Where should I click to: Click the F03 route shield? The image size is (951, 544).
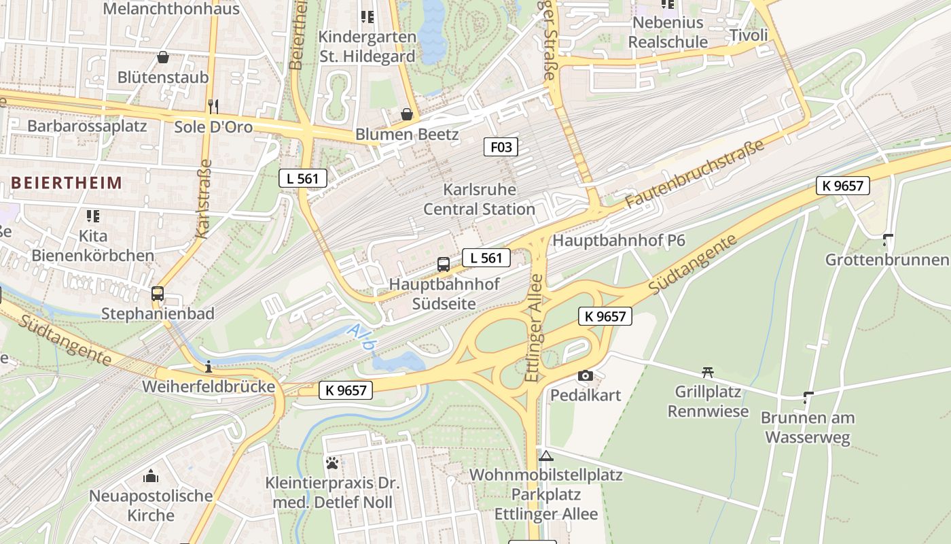click(x=501, y=146)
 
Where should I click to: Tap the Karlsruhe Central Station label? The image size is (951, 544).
click(x=480, y=199)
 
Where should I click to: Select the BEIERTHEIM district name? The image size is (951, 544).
click(x=67, y=182)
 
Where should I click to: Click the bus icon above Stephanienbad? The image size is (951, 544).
click(x=158, y=294)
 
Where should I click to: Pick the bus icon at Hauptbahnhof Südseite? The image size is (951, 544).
click(x=444, y=265)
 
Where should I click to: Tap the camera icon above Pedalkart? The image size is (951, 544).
click(x=585, y=375)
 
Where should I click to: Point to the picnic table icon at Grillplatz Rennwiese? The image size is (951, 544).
click(x=708, y=372)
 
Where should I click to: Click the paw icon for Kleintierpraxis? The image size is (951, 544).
click(x=332, y=463)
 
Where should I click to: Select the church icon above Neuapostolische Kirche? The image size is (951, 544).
click(x=151, y=475)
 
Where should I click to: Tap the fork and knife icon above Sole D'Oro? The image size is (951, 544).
click(x=213, y=106)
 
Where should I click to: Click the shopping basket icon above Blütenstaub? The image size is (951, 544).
click(x=163, y=57)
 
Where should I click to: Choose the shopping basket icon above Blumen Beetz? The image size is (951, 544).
click(x=407, y=114)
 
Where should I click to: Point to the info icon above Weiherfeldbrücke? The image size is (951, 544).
click(x=208, y=367)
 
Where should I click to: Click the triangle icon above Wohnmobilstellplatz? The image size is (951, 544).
click(x=546, y=455)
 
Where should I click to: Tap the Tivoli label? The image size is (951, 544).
click(x=749, y=35)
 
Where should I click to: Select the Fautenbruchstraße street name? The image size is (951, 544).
click(x=695, y=173)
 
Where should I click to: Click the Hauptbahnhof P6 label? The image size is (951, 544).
click(x=619, y=240)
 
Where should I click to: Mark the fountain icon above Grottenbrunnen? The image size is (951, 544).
click(x=887, y=240)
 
